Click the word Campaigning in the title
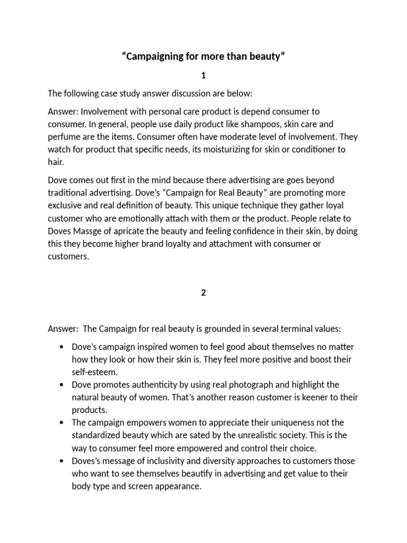tap(156, 57)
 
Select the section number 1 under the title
tap(203, 76)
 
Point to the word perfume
tap(63, 137)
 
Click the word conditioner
tap(310, 150)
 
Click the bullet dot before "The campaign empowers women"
tap(61, 423)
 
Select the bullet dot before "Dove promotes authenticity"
tap(61, 386)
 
